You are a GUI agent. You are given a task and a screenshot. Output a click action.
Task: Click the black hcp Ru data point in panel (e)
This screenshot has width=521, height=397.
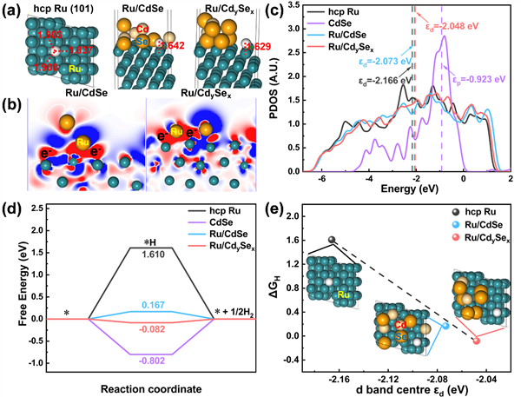(x=331, y=240)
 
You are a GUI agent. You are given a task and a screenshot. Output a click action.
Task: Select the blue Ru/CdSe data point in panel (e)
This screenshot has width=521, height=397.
(x=446, y=326)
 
